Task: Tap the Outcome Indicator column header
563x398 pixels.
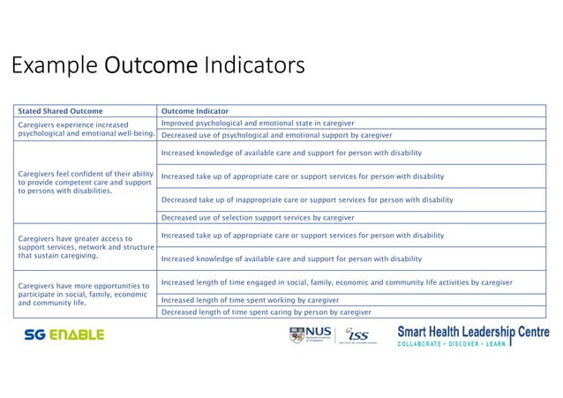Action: tap(195, 111)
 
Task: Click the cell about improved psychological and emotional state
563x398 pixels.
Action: tap(258, 123)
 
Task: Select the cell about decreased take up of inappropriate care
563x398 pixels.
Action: tap(307, 199)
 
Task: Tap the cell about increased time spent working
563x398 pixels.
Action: tap(250, 300)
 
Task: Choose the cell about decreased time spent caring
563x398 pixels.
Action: tap(263, 312)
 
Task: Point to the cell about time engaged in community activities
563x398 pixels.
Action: tap(337, 282)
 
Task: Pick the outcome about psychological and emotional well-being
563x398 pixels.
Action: tap(86, 129)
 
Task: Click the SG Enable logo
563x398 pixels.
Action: tap(64, 335)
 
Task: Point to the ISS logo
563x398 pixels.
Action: tap(357, 336)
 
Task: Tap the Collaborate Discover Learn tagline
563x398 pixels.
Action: tap(452, 343)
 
